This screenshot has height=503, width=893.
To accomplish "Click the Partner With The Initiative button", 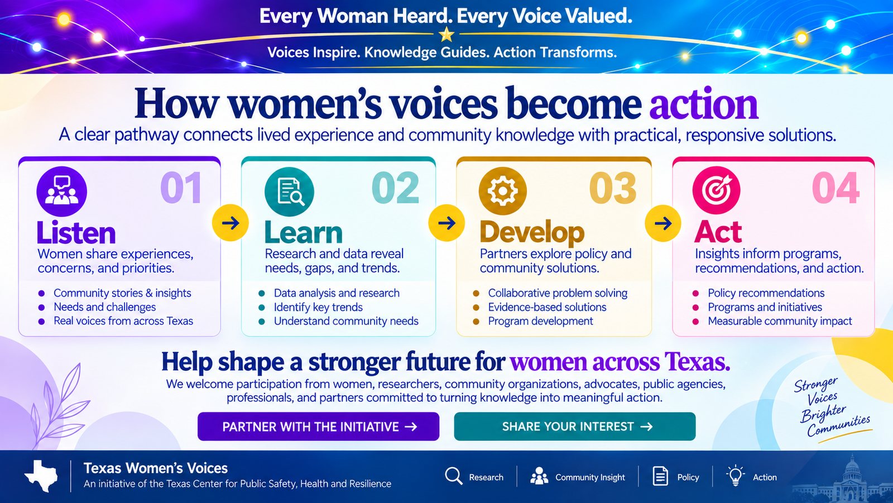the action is click(x=318, y=427).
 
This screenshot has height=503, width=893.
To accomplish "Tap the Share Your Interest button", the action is click(x=574, y=427).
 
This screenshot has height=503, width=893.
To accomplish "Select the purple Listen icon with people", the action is click(x=61, y=191).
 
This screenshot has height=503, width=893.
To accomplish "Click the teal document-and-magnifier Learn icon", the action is click(x=289, y=191).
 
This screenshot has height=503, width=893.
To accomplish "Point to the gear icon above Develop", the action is click(x=502, y=191).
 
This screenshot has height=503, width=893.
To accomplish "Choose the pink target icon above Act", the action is click(x=717, y=190).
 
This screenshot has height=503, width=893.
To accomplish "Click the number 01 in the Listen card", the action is click(x=181, y=188).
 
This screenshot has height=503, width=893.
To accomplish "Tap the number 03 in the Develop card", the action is click(x=612, y=188).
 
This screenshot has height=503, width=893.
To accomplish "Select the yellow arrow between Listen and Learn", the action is click(x=230, y=223).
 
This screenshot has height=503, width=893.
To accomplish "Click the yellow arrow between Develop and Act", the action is click(x=663, y=223).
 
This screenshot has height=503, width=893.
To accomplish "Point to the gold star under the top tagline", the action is click(x=446, y=35).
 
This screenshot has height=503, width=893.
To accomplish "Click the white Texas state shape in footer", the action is click(x=41, y=476).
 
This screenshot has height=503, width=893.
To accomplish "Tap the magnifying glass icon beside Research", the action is click(x=454, y=476).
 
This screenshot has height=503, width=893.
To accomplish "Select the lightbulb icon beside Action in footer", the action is click(x=735, y=475).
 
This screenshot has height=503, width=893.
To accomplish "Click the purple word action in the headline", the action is click(x=704, y=104).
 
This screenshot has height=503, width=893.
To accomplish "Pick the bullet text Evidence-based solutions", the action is click(x=547, y=307).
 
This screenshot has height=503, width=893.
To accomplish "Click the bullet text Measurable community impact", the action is click(x=780, y=321).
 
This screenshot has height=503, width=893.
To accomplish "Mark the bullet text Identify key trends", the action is click(x=318, y=307).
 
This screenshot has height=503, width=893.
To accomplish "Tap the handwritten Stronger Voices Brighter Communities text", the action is click(x=831, y=408).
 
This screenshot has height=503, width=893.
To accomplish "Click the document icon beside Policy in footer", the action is click(x=660, y=476).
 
